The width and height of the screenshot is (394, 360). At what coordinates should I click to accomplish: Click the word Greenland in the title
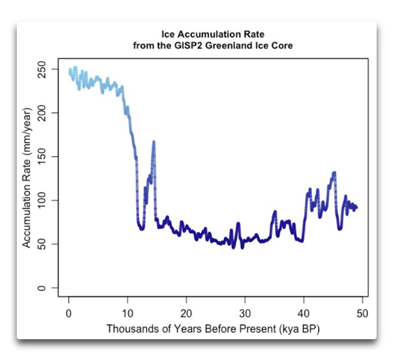pyautogui.click(x=223, y=46)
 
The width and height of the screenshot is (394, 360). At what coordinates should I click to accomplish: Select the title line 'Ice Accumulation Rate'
pyautogui.click(x=212, y=35)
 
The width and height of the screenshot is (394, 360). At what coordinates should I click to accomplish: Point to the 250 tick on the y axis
pyautogui.click(x=49, y=69)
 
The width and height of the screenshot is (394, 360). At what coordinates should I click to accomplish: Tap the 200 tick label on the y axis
pyautogui.click(x=49, y=113)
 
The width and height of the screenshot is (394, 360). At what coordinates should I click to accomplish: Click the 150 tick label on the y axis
pyautogui.click(x=49, y=157)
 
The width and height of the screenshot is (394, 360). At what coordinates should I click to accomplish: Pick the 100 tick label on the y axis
pyautogui.click(x=49, y=201)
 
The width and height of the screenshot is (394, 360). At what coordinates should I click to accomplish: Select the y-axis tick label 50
pyautogui.click(x=49, y=244)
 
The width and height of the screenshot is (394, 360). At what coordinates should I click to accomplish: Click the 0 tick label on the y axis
pyautogui.click(x=49, y=288)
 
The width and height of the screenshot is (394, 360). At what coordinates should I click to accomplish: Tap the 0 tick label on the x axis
pyautogui.click(x=69, y=313)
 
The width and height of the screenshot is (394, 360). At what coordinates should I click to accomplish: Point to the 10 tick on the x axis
pyautogui.click(x=127, y=313)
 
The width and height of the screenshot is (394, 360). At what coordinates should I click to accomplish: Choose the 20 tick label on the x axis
pyautogui.click(x=186, y=313)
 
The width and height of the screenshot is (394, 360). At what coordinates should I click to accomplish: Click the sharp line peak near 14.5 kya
pyautogui.click(x=154, y=142)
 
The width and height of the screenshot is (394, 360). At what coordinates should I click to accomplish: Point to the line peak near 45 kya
pyautogui.click(x=334, y=173)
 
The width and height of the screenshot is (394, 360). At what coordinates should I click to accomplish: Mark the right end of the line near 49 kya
pyautogui.click(x=356, y=207)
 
